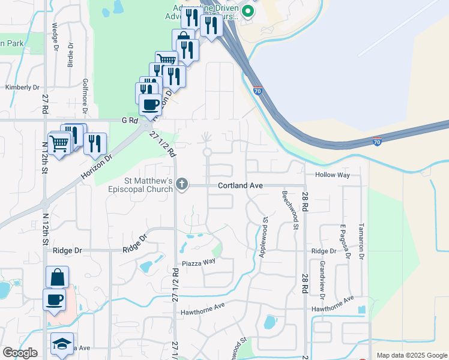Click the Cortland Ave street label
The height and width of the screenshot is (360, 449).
[241, 186]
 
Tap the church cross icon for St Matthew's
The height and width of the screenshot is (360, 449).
[182, 185]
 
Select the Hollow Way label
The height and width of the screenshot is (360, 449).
[332, 175]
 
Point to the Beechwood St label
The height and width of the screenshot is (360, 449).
[295, 211]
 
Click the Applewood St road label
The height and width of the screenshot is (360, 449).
[262, 239]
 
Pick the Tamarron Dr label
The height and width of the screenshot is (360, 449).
[361, 241]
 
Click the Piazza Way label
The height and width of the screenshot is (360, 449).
[199, 262]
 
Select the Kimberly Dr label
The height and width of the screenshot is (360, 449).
[22, 87]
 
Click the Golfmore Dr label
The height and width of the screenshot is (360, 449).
[85, 96]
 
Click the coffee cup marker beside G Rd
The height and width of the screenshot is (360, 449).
[150, 106]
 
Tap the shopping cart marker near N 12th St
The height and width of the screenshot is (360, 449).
[59, 144]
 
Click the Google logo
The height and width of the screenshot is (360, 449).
[20, 353]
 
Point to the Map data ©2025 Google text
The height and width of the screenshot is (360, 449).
[411, 355]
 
